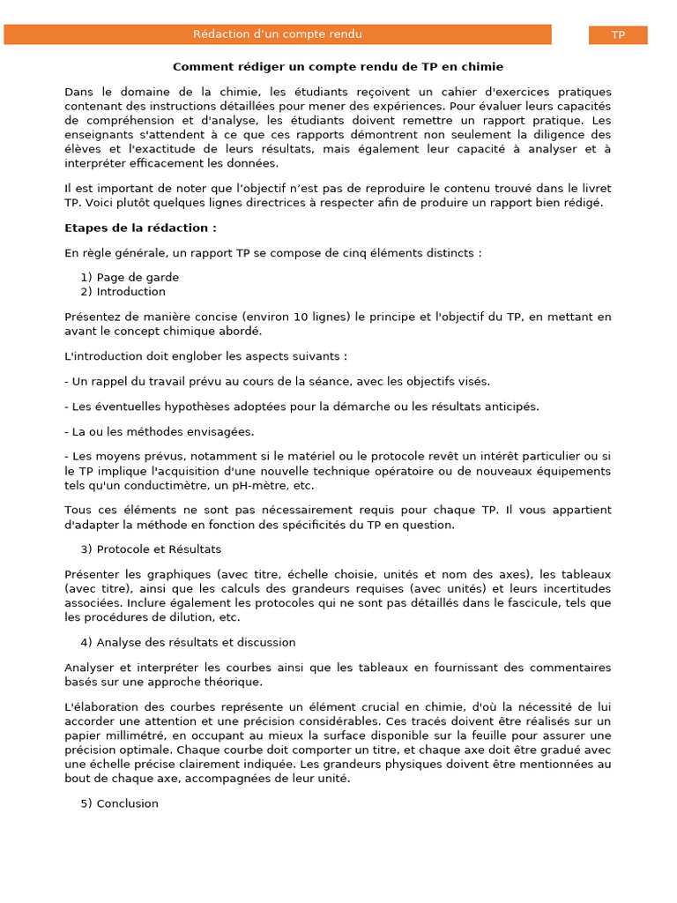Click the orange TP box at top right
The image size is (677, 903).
click(618, 34)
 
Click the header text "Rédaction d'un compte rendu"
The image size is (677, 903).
click(278, 34)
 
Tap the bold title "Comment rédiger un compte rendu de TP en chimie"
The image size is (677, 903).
click(338, 66)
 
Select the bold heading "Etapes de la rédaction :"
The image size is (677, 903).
click(140, 228)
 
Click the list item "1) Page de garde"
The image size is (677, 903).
click(130, 277)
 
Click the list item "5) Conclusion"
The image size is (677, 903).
click(119, 803)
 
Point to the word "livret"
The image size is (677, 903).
click(594, 189)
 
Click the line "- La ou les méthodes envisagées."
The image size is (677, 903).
click(159, 431)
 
